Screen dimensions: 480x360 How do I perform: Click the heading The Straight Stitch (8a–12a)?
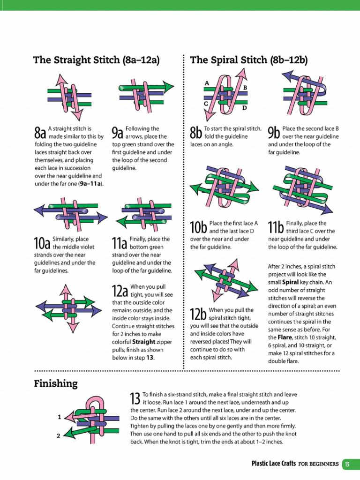point(97,60)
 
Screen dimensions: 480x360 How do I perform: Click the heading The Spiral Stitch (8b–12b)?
point(249,60)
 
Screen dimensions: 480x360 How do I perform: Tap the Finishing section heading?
point(55,384)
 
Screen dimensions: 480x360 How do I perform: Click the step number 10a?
point(42,243)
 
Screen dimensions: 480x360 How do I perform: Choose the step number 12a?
point(120,291)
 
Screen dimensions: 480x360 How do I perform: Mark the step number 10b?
point(198,227)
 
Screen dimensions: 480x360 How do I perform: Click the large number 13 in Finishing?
point(135,398)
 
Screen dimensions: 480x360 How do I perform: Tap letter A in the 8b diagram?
point(206,83)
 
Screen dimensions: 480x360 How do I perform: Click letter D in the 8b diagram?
point(244,108)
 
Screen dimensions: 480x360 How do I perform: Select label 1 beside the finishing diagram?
point(59,416)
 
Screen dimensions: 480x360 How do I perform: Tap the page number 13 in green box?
point(347,464)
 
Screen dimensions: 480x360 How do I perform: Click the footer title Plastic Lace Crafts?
point(274,464)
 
